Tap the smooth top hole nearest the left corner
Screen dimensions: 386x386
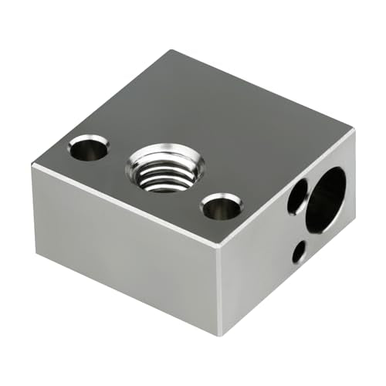pos(88,147)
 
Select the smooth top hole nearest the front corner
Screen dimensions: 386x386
pos(222,206)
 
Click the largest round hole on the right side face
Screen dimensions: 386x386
pos(327,199)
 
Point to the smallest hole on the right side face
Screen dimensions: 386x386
pos(298,250)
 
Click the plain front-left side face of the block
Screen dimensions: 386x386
pos(124,239)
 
